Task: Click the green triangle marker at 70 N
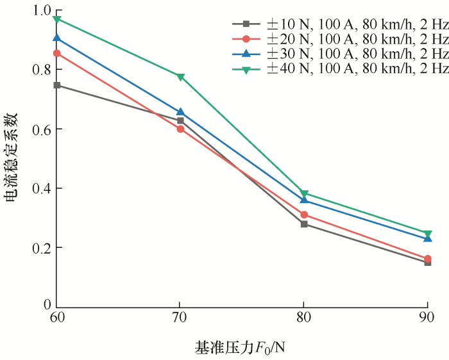[x=180, y=77]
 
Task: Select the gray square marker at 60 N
[x=56, y=85]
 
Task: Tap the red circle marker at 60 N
[x=56, y=53]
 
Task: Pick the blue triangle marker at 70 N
[x=180, y=112]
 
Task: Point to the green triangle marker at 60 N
[x=56, y=19]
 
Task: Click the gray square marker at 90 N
[x=427, y=262]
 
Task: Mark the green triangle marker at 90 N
[x=427, y=234]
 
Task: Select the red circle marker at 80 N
[x=304, y=215]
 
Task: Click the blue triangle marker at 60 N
[x=56, y=38]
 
